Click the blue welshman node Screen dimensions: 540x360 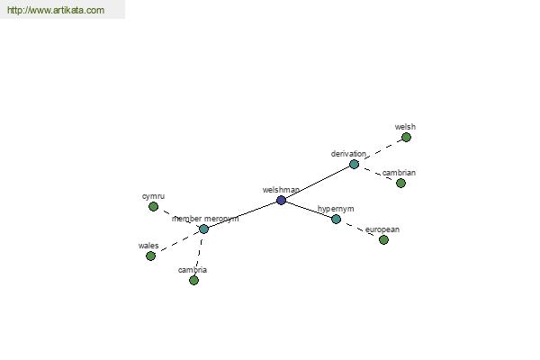(x=281, y=200)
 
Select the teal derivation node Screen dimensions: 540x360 (x=354, y=165)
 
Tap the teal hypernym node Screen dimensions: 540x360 (x=336, y=219)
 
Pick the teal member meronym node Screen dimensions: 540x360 (x=204, y=229)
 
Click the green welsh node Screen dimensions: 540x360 (x=407, y=138)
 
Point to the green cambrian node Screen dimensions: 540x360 (x=400, y=184)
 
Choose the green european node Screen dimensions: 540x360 (x=383, y=239)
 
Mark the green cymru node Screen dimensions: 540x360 (x=154, y=207)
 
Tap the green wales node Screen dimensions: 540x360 (x=150, y=256)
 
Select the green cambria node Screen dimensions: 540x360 (x=193, y=281)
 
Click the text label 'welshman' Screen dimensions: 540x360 (x=281, y=190)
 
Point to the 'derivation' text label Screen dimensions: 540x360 (x=348, y=154)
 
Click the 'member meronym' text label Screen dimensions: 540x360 (x=205, y=219)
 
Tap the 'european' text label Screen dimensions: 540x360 (x=382, y=229)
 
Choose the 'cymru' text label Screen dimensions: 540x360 (x=154, y=196)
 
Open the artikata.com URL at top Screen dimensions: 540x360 (x=56, y=10)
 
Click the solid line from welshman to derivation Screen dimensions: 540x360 (x=318, y=182)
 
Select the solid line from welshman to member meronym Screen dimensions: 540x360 (x=242, y=214)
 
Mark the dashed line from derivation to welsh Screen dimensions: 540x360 (x=380, y=151)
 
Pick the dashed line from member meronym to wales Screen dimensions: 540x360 (x=177, y=242)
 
